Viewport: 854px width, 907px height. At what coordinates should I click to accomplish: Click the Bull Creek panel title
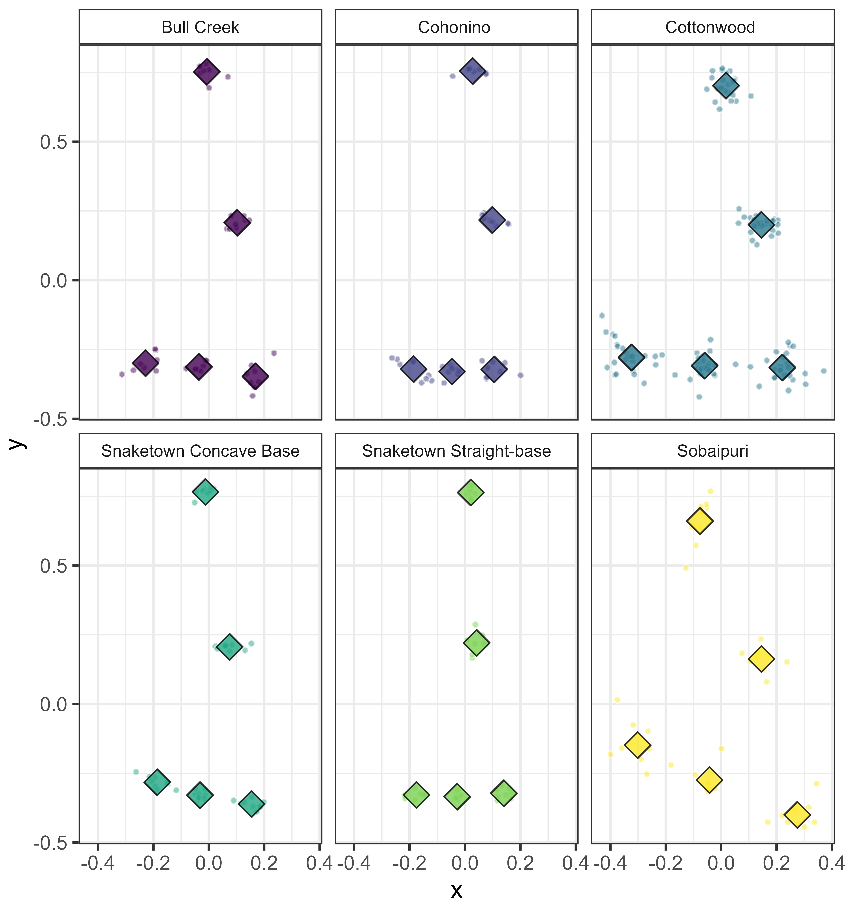click(x=200, y=27)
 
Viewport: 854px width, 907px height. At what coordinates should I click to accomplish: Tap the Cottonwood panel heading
click(x=710, y=27)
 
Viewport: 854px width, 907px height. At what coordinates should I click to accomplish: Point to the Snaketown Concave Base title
click(x=200, y=451)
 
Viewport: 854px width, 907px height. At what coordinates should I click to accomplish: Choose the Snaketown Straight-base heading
click(x=456, y=451)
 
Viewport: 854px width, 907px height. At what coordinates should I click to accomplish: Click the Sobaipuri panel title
click(x=713, y=451)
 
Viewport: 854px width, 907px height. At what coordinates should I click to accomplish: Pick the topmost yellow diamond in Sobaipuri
click(x=700, y=521)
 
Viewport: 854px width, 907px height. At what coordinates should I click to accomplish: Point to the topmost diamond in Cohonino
click(x=473, y=71)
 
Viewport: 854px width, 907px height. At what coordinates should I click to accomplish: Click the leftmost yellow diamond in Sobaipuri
click(x=637, y=745)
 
